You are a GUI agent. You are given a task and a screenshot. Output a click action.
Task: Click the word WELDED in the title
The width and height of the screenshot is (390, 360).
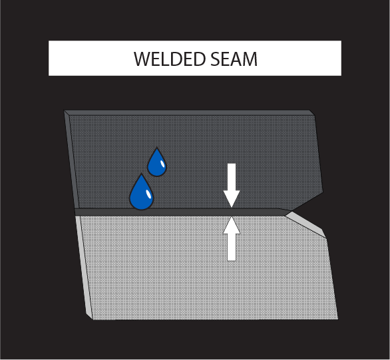(170, 59)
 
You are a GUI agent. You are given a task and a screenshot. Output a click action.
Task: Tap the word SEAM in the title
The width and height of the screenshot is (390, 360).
(234, 59)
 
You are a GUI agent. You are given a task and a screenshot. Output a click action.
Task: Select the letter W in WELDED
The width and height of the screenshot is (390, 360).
(144, 59)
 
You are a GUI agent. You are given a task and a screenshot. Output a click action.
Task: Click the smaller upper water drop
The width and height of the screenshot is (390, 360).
(156, 164)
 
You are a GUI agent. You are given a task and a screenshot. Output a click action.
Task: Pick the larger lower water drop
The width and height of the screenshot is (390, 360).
(141, 194)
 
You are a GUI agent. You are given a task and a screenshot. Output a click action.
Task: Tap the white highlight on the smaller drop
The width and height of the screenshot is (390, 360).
(162, 164)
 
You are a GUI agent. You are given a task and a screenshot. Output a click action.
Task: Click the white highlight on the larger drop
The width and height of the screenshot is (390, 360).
(148, 194)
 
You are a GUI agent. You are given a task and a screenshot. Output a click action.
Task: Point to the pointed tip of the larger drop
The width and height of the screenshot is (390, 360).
(142, 174)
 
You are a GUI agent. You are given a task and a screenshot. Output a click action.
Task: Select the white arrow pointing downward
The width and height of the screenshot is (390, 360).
(232, 185)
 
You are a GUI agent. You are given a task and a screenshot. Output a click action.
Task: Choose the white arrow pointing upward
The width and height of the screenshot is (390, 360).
(232, 239)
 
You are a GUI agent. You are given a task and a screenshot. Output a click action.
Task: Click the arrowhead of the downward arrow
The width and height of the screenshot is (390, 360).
(232, 199)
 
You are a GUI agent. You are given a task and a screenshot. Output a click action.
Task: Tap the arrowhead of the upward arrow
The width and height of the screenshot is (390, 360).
(232, 225)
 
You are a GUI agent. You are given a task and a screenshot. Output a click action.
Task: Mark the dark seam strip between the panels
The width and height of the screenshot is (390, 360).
(183, 212)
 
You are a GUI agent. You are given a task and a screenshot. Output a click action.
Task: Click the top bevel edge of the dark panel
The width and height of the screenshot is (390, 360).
(189, 112)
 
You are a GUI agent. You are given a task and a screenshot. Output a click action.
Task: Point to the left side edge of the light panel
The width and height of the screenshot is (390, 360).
(84, 268)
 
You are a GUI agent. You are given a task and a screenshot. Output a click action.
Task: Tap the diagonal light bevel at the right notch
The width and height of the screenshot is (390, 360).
(306, 224)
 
